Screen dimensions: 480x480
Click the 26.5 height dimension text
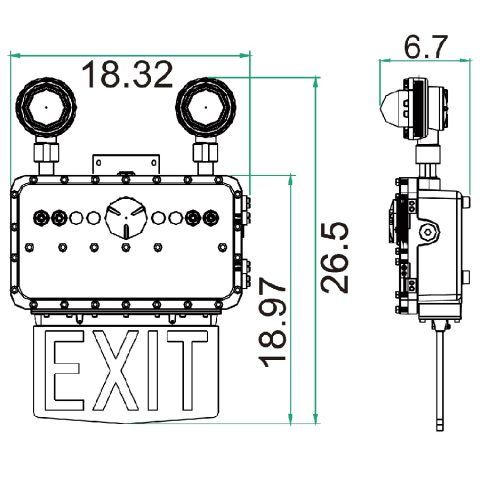pyautogui.click(x=338, y=257)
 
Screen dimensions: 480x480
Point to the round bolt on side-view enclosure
pyautogui.click(x=428, y=231)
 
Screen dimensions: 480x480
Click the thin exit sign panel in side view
pyautogui.click(x=440, y=375)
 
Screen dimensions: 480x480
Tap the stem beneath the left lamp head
pyautogui.click(x=47, y=154)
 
